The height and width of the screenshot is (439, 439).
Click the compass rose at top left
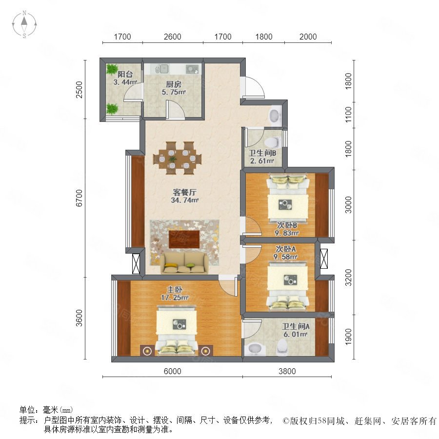(x=24, y=24)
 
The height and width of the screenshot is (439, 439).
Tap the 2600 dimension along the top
(x=173, y=37)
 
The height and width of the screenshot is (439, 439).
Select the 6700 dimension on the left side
(x=80, y=198)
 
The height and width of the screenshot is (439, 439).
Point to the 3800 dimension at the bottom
(x=287, y=371)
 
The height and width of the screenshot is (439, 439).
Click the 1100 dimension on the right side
(x=348, y=114)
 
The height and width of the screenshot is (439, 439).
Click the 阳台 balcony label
(x=125, y=74)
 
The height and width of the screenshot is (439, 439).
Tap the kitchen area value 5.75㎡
(x=174, y=92)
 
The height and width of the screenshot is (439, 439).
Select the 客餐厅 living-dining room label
(x=184, y=192)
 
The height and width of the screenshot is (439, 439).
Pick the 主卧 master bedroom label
(x=175, y=289)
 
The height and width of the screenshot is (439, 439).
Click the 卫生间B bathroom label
(x=262, y=153)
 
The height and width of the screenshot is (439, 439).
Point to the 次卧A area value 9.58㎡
(x=285, y=257)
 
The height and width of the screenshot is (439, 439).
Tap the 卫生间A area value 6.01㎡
(x=296, y=334)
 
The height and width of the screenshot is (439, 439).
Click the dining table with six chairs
(x=177, y=158)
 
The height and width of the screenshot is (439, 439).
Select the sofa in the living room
(x=184, y=263)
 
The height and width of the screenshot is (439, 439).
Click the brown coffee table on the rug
(x=184, y=239)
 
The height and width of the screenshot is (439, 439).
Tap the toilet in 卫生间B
(x=272, y=142)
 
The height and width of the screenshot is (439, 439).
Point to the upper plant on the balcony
(x=112, y=70)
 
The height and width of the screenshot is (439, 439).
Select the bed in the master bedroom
(x=177, y=330)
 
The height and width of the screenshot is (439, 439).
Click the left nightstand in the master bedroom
(x=147, y=351)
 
